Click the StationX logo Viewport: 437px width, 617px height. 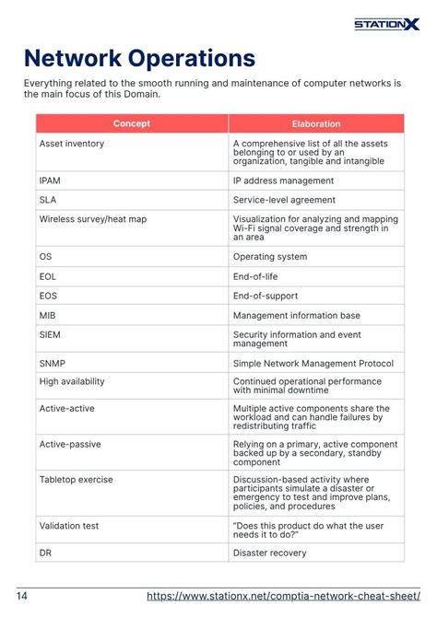point(386,24)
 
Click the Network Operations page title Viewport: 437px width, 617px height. point(139,59)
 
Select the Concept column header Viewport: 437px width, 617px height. point(132,123)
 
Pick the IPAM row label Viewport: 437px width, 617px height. point(50,181)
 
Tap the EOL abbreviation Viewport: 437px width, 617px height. point(48,276)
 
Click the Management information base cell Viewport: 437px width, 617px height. point(297,315)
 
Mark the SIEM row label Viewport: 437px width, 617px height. point(50,335)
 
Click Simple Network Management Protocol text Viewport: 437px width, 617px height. point(313,363)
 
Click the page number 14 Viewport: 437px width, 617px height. point(21,596)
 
